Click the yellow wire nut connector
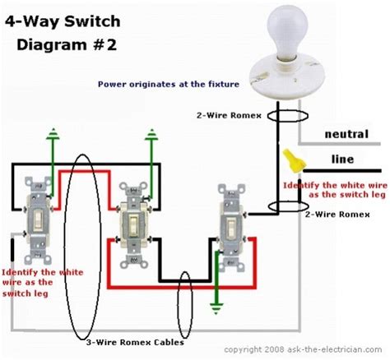coord(294,161)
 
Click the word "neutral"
coord(346,134)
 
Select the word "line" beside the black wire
coord(342,159)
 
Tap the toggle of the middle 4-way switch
coord(133,224)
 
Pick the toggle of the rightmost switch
coord(231,227)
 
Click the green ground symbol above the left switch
coord(53,134)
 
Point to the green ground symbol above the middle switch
coord(151,135)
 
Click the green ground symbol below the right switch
coord(216,308)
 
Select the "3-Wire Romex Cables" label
coord(135,342)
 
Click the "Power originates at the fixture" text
coord(169,84)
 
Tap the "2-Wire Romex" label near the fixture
coord(229,115)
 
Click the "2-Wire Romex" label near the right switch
coord(337,215)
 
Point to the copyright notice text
coord(303,349)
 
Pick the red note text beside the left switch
coord(43,283)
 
